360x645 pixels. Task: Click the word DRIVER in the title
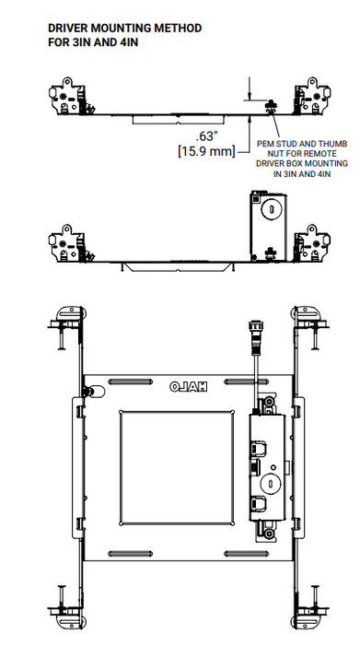coord(71,29)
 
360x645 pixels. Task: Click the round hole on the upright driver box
coord(272,209)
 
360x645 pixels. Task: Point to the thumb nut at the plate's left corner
coord(87,393)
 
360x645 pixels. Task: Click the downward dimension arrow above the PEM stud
coord(249,96)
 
